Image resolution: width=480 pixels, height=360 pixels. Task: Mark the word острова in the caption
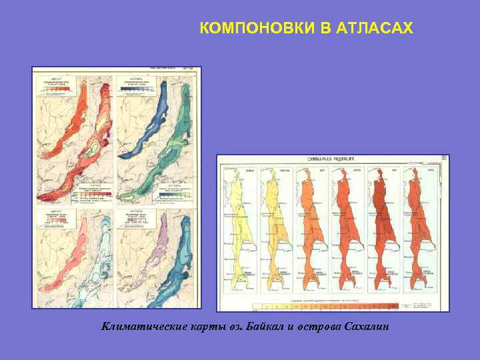point(321,326)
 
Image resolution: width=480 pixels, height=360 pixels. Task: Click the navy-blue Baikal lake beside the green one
point(145,120)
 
